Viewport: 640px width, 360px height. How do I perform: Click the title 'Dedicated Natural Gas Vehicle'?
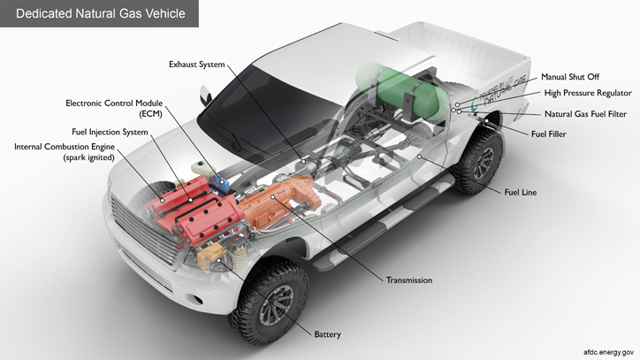tap(101, 13)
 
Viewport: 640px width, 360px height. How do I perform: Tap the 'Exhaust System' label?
tap(197, 65)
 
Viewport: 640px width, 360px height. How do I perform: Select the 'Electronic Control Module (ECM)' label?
tap(114, 108)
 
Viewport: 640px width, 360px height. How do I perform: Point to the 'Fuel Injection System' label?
tap(110, 132)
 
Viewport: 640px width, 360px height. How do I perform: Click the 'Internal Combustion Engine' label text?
tap(65, 147)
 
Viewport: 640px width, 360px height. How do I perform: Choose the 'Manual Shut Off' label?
tap(570, 77)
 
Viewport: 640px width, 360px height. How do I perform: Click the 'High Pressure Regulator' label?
tap(588, 93)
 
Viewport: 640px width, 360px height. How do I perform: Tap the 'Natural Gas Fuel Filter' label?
tap(586, 114)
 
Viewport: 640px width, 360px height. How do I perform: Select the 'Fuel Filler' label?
tap(549, 134)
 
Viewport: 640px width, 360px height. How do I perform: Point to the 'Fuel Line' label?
tap(521, 192)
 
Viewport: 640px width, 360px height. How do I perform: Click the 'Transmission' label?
tap(409, 280)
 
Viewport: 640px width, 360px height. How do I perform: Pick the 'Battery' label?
tap(327, 334)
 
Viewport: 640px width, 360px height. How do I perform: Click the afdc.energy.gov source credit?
tap(608, 352)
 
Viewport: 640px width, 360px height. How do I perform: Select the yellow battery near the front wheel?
tap(211, 257)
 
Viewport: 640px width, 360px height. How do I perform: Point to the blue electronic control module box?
tap(218, 183)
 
